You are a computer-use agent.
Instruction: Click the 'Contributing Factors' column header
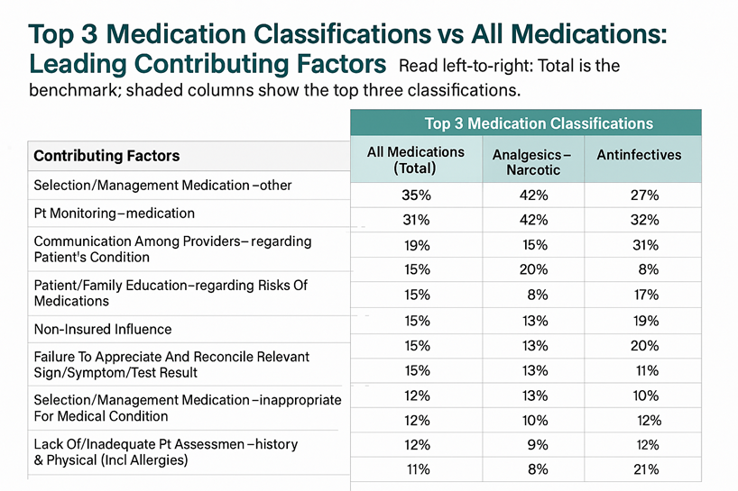click(106, 156)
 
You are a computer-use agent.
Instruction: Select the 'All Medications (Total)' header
click(416, 160)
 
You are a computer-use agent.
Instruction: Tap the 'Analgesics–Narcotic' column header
click(532, 162)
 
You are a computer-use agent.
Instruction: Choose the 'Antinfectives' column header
click(639, 155)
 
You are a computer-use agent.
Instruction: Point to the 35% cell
click(415, 195)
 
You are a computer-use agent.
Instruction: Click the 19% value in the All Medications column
click(415, 245)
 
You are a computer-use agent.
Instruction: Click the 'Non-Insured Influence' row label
click(102, 329)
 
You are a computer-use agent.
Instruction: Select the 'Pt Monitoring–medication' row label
click(114, 214)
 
